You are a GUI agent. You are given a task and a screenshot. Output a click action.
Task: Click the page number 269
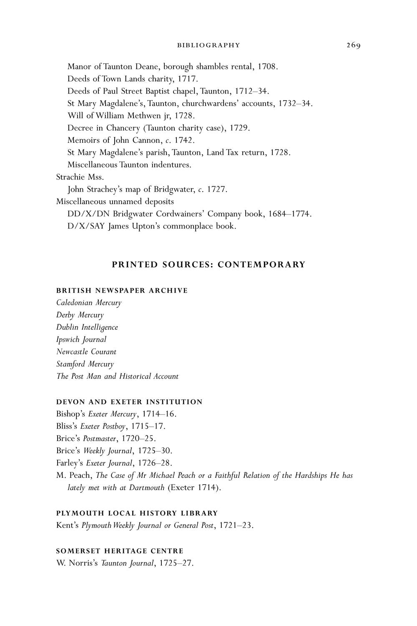pos(353,45)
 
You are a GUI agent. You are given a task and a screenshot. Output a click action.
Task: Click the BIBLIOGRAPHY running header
pos(208,45)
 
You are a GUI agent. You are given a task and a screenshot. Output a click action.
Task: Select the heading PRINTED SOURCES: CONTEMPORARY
pos(208,265)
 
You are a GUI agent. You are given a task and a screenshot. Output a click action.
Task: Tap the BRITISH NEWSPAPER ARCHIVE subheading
pos(122,290)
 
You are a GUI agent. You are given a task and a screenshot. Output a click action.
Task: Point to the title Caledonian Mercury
pos(89,303)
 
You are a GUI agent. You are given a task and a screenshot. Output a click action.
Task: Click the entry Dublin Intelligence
pos(87,327)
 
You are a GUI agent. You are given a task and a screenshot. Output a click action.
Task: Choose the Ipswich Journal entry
pos(81,339)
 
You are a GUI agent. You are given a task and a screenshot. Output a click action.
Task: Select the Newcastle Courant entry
pos(86,352)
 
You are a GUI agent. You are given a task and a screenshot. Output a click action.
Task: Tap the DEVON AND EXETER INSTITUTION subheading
pos(129,402)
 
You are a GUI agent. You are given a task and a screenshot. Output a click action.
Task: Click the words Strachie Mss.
pos(80,177)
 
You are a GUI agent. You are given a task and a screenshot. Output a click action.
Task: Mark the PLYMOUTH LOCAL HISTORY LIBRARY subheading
pos(137,513)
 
